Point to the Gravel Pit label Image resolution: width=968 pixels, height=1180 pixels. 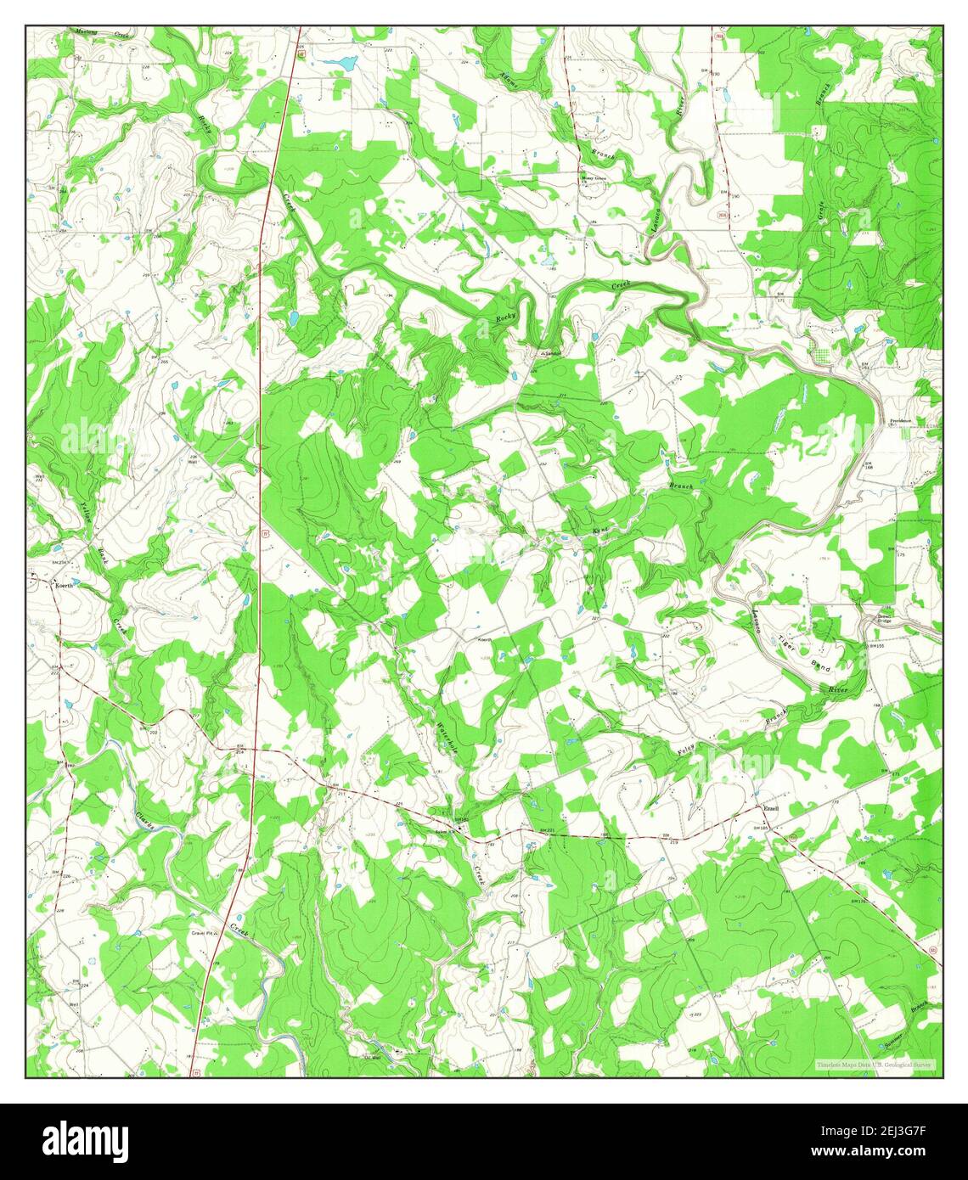tap(204, 931)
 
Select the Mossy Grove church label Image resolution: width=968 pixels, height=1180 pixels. tap(594, 179)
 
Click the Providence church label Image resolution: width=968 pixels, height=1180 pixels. tap(900, 421)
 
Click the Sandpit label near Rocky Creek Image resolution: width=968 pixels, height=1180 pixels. tap(553, 353)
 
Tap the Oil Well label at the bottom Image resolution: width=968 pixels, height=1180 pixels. tap(372, 1058)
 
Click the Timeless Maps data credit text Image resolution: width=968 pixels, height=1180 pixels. tap(875, 1064)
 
